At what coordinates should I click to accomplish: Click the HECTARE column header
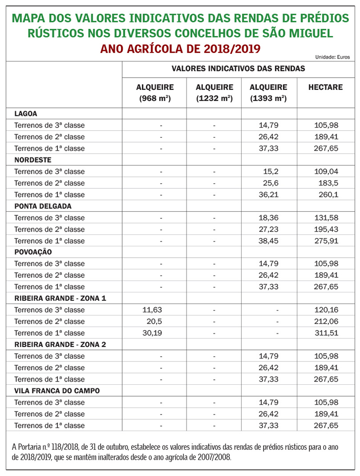point(325,87)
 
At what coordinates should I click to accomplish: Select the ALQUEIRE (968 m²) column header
point(155,93)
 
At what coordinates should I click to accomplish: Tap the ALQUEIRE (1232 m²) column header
point(214,93)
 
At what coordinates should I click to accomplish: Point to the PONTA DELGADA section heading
point(43,206)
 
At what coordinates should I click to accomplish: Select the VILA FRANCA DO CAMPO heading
point(57,390)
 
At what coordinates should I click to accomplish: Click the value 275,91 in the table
point(326,241)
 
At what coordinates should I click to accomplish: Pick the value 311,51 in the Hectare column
point(326,333)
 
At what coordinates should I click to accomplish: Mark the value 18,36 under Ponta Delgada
point(268,218)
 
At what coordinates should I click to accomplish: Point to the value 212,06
point(326,322)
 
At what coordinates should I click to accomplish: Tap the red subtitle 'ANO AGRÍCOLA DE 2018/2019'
point(180,49)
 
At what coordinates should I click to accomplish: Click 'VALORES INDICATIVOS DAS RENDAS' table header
point(238,68)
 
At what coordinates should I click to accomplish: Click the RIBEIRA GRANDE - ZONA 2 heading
point(60,345)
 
